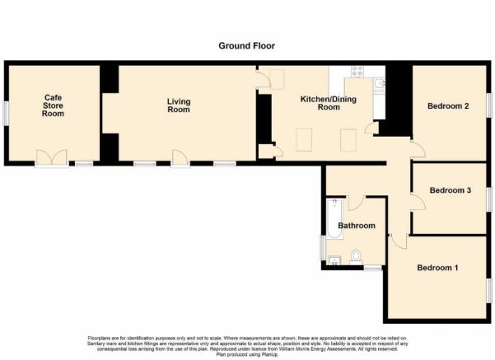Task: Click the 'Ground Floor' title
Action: pos(247,46)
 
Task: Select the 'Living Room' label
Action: pos(179,105)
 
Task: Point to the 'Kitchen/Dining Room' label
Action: pos(320,103)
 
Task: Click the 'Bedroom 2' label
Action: pos(448,106)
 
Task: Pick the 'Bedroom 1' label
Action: pos(437,268)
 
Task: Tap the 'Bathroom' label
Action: pos(356,226)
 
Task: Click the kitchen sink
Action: pos(378,84)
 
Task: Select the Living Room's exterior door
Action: pos(179,157)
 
